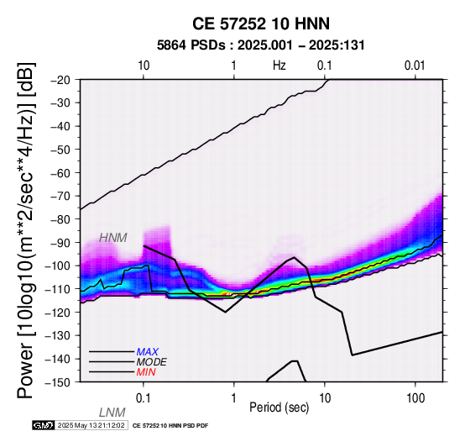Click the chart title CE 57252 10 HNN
[261, 24]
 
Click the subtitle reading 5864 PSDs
[191, 45]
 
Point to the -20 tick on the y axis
[61, 80]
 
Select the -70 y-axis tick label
[61, 196]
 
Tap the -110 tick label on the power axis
[59, 289]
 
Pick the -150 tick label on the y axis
[59, 382]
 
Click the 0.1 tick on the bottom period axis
[144, 398]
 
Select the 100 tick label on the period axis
[415, 398]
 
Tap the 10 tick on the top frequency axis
[144, 66]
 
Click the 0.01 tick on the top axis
[415, 66]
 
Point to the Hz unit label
[280, 66]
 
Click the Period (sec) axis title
[279, 408]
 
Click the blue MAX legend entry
[148, 352]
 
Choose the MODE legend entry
[152, 362]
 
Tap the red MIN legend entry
[146, 372]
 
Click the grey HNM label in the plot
[113, 238]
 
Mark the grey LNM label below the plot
[112, 413]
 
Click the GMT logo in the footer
[44, 425]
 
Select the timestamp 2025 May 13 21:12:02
[91, 425]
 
